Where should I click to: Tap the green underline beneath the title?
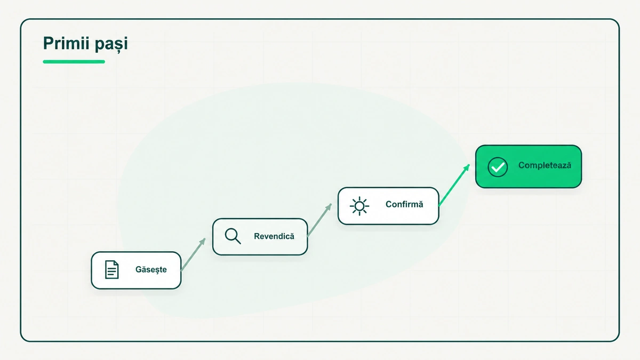tap(74, 62)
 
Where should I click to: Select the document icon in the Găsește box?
tap(111, 269)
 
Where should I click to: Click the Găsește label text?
tap(151, 270)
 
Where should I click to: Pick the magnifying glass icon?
tap(233, 236)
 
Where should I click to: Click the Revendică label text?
tap(274, 236)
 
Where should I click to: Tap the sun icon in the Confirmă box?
tap(359, 206)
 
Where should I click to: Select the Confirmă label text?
tap(404, 204)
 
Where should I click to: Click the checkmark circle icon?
tap(498, 167)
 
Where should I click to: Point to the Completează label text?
tap(545, 165)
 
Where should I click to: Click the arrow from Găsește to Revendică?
tap(193, 254)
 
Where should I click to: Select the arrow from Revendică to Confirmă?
tap(319, 220)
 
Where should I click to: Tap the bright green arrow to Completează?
tap(454, 185)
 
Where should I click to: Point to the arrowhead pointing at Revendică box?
tap(203, 242)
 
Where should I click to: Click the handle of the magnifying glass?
tap(238, 241)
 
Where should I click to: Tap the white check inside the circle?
tap(498, 167)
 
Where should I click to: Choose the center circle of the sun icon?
tap(359, 206)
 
